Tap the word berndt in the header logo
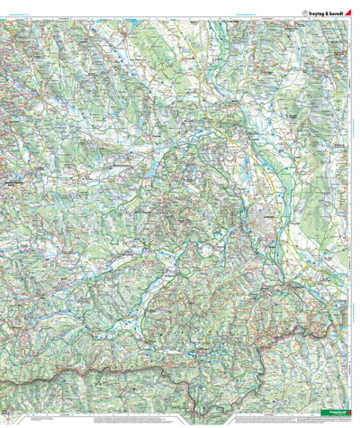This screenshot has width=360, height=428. (337, 13)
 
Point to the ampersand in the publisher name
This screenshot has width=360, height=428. (325, 13)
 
